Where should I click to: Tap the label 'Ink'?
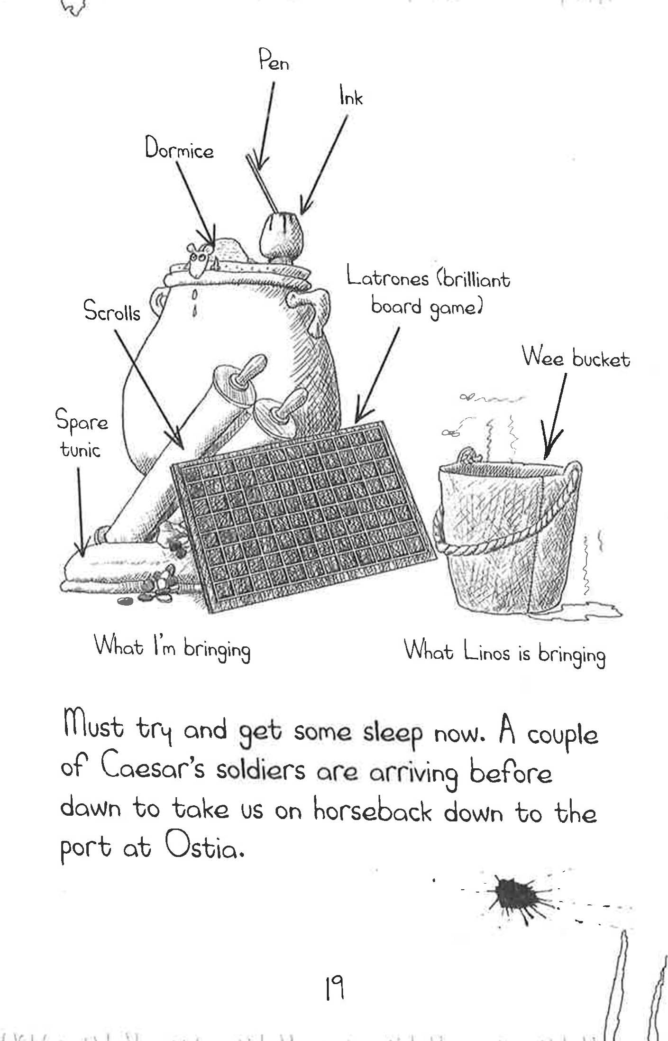[x=351, y=98]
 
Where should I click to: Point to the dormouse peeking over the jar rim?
[x=198, y=258]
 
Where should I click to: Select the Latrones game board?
[x=304, y=516]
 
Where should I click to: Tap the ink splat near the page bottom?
[x=517, y=894]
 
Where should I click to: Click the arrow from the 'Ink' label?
[x=324, y=164]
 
